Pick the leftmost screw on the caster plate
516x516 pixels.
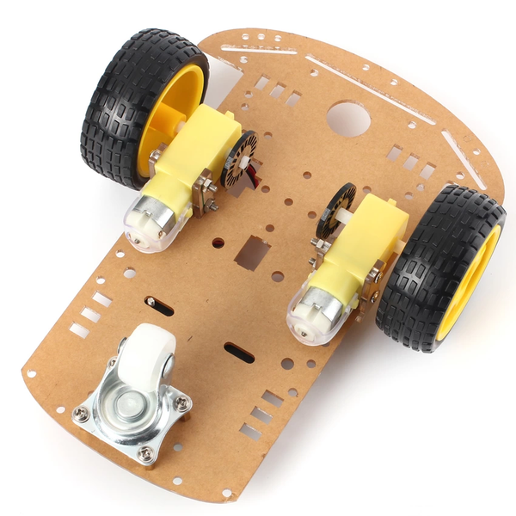pos(81,415)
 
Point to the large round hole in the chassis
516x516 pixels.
pos(347,119)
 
